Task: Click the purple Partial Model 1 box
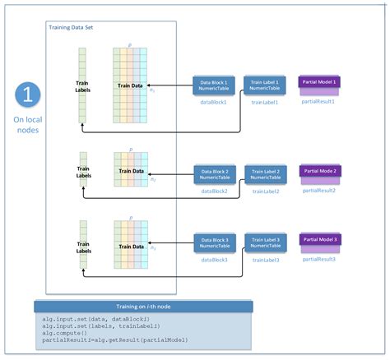pyautogui.click(x=322, y=83)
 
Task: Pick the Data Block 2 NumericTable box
pyautogui.click(x=214, y=174)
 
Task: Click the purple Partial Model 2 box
pyautogui.click(x=322, y=172)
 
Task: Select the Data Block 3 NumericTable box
pyautogui.click(x=214, y=242)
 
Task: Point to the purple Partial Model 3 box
pyautogui.click(x=322, y=240)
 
